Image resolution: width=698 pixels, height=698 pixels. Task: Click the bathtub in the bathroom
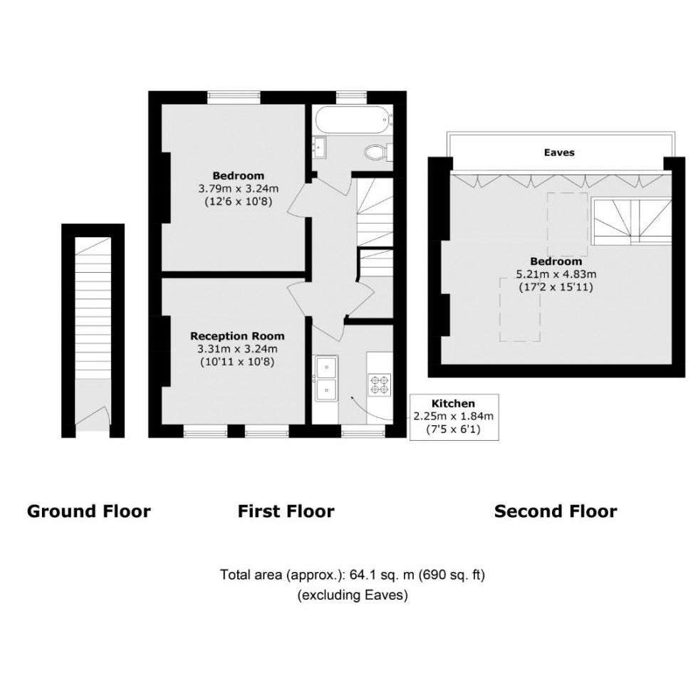coord(352,118)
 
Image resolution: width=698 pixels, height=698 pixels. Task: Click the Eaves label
coord(559,152)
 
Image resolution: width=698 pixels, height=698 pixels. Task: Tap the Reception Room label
coord(237,336)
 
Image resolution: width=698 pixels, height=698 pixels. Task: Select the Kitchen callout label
coord(453,403)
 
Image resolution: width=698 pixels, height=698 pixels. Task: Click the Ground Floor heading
coord(88,511)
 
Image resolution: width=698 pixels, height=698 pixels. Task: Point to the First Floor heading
coord(286,511)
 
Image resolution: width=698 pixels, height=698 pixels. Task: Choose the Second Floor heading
coord(556,511)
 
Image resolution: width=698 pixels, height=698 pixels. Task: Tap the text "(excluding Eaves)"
coord(353,595)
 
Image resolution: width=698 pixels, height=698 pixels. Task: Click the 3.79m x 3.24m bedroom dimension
coord(237,189)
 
